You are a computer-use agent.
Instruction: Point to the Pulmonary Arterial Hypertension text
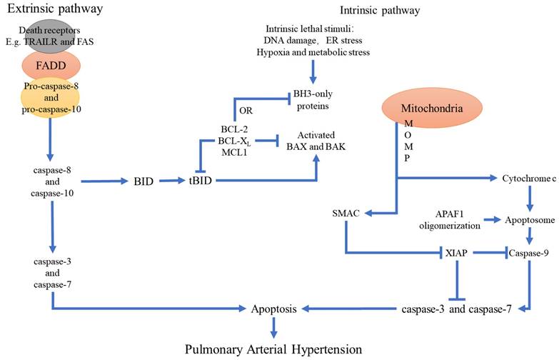pos(274,349)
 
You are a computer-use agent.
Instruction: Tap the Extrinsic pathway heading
pos(52,9)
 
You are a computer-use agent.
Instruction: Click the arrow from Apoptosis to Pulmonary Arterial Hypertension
pos(273,328)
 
